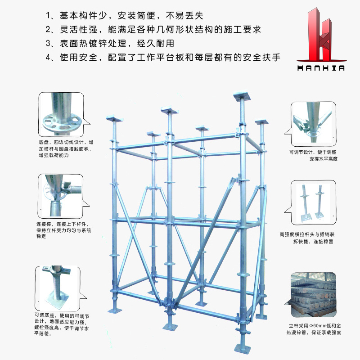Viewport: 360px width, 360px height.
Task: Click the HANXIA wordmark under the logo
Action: pyautogui.click(x=321, y=68)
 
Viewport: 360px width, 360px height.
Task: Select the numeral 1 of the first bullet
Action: pyautogui.click(x=48, y=16)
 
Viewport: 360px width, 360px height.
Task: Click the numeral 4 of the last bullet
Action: pyautogui.click(x=48, y=58)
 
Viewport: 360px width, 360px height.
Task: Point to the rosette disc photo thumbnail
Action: pyautogui.click(x=61, y=115)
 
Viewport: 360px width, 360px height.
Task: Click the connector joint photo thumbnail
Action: pyautogui.click(x=60, y=196)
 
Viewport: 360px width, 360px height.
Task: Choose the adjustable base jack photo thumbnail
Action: pyautogui.click(x=58, y=288)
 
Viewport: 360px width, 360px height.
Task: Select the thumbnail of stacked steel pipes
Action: pyautogui.click(x=313, y=295)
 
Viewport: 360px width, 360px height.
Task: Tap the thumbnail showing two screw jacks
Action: pyautogui.click(x=313, y=202)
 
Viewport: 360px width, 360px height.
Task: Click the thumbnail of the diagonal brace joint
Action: pyautogui.click(x=313, y=124)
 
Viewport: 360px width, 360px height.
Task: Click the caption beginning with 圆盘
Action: pyautogui.click(x=66, y=149)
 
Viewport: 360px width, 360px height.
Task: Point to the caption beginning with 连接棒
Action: pyautogui.click(x=63, y=230)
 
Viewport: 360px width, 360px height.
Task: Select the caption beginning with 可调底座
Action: pyautogui.click(x=62, y=324)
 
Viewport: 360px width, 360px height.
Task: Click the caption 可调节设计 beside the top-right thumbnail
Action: pyautogui.click(x=313, y=155)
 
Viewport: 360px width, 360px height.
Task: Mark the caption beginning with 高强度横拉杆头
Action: pyautogui.click(x=307, y=238)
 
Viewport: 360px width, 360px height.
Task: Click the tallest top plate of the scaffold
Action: pyautogui.click(x=242, y=96)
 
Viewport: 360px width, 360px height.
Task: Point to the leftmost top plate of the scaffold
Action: pyautogui.click(x=115, y=119)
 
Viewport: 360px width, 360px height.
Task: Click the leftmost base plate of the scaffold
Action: pyautogui.click(x=115, y=310)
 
